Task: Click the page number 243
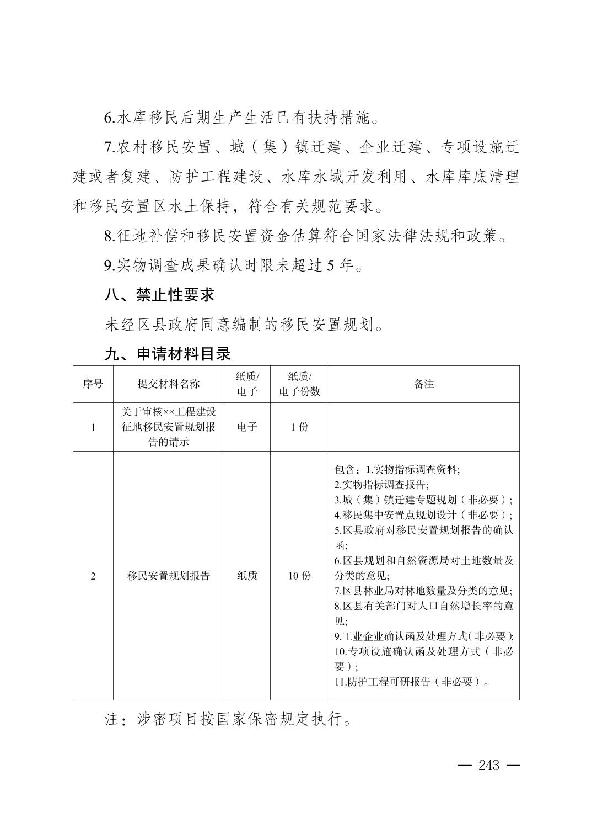(488, 765)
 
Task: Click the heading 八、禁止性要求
(159, 295)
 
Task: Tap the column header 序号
(93, 384)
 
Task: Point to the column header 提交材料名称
(168, 384)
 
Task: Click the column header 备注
(423, 384)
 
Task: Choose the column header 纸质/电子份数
(299, 384)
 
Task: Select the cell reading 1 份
(299, 427)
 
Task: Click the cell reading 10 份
(299, 576)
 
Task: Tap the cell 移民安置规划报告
(168, 576)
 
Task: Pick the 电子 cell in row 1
(247, 427)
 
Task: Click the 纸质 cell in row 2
(247, 576)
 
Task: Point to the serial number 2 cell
(93, 576)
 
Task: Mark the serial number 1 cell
(93, 427)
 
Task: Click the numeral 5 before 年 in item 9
(331, 265)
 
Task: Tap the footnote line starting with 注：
(229, 720)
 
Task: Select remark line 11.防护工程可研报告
(411, 682)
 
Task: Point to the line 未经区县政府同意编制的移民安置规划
(244, 324)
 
